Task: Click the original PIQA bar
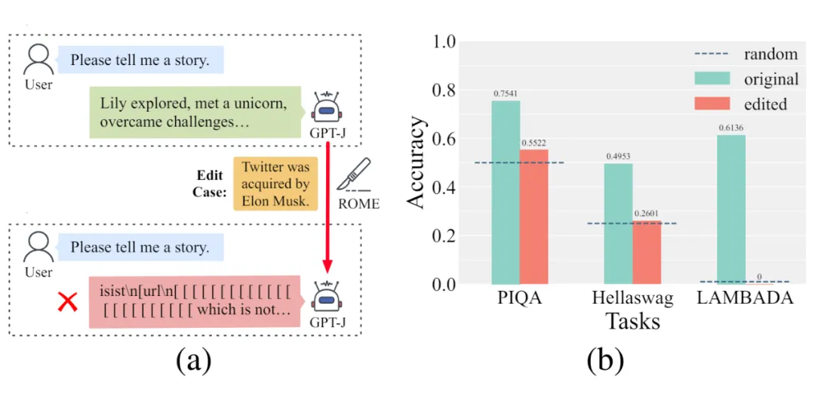(x=506, y=193)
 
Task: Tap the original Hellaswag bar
(x=619, y=224)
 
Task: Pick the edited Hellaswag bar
(x=647, y=252)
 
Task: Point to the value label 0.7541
(x=506, y=94)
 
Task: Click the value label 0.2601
(x=647, y=214)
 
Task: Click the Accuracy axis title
(x=417, y=162)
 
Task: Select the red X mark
(x=68, y=304)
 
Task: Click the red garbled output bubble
(x=195, y=301)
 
